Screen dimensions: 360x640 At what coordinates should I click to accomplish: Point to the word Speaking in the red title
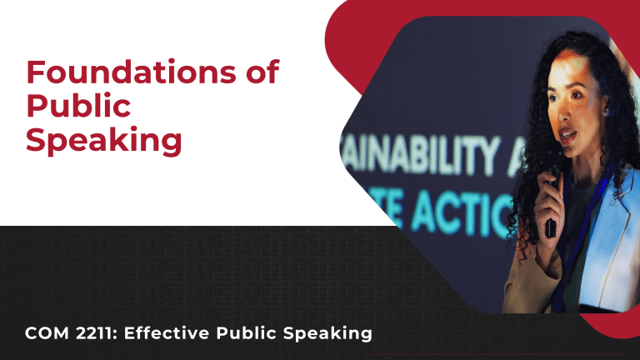click(103, 139)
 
